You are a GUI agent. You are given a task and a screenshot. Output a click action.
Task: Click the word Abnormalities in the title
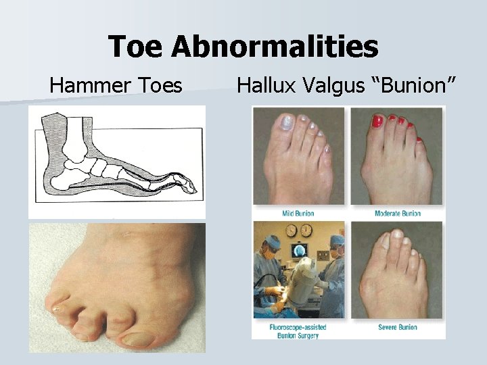(275, 47)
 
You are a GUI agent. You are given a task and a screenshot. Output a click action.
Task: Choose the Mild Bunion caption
(298, 214)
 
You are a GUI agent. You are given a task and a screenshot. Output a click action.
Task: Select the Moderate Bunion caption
(398, 214)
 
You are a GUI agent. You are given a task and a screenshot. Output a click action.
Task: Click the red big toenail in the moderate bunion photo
(377, 122)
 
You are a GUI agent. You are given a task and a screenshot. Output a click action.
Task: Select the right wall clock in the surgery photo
(304, 230)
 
